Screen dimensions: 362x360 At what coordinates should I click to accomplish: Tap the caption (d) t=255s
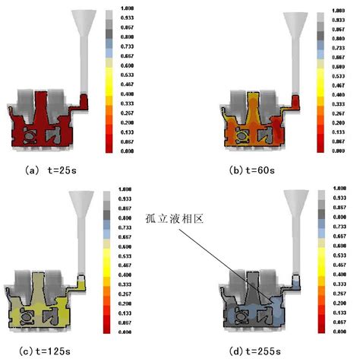click(256, 352)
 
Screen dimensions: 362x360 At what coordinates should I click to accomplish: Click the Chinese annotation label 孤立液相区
click(180, 218)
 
